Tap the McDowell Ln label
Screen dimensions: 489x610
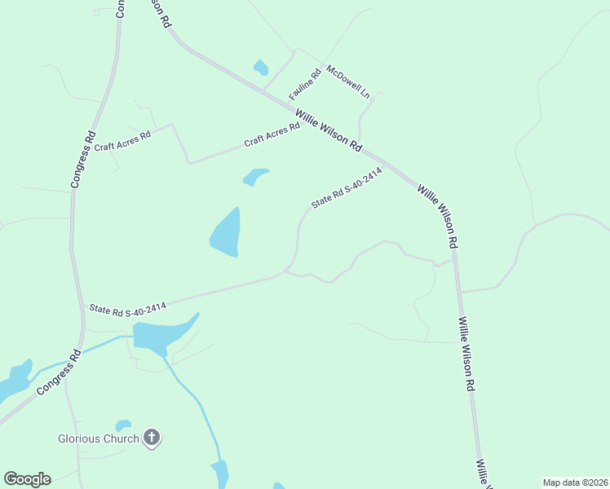point(348,81)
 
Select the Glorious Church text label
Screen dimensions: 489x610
point(99,438)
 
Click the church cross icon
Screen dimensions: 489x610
point(151,438)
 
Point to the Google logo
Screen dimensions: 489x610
point(27,478)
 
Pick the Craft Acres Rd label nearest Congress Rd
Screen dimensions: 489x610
point(122,141)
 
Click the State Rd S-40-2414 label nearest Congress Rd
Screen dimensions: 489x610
point(128,307)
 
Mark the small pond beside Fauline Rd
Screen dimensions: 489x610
point(261,68)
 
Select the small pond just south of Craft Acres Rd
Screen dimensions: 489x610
point(255,176)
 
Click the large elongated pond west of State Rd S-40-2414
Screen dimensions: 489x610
point(226,233)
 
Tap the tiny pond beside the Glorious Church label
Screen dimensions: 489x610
point(123,425)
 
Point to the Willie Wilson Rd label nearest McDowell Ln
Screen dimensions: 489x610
point(329,130)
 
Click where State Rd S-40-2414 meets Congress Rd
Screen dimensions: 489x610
point(81,306)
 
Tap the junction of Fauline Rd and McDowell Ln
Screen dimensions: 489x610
point(324,64)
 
